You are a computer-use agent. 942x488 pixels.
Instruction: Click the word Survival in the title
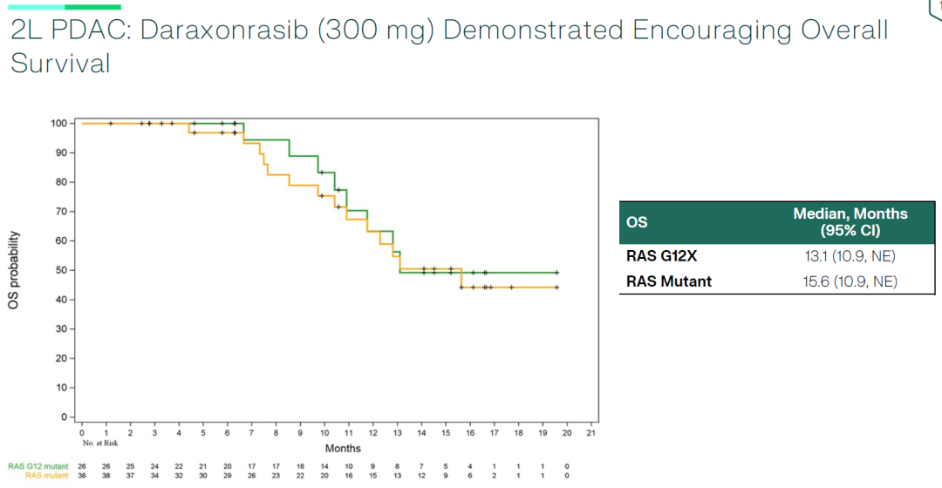(60, 63)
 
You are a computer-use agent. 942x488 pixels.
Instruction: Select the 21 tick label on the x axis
(590, 433)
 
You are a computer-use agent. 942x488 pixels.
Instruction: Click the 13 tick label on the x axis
(397, 433)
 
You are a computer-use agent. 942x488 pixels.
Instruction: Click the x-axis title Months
(343, 448)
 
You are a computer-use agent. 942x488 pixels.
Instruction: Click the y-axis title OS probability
(15, 271)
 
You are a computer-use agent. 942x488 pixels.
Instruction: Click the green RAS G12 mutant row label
(38, 466)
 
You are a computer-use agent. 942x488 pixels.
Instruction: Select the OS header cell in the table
(637, 221)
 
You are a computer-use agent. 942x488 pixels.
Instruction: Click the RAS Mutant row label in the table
(669, 281)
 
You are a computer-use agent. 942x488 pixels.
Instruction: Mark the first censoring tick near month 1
(110, 124)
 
